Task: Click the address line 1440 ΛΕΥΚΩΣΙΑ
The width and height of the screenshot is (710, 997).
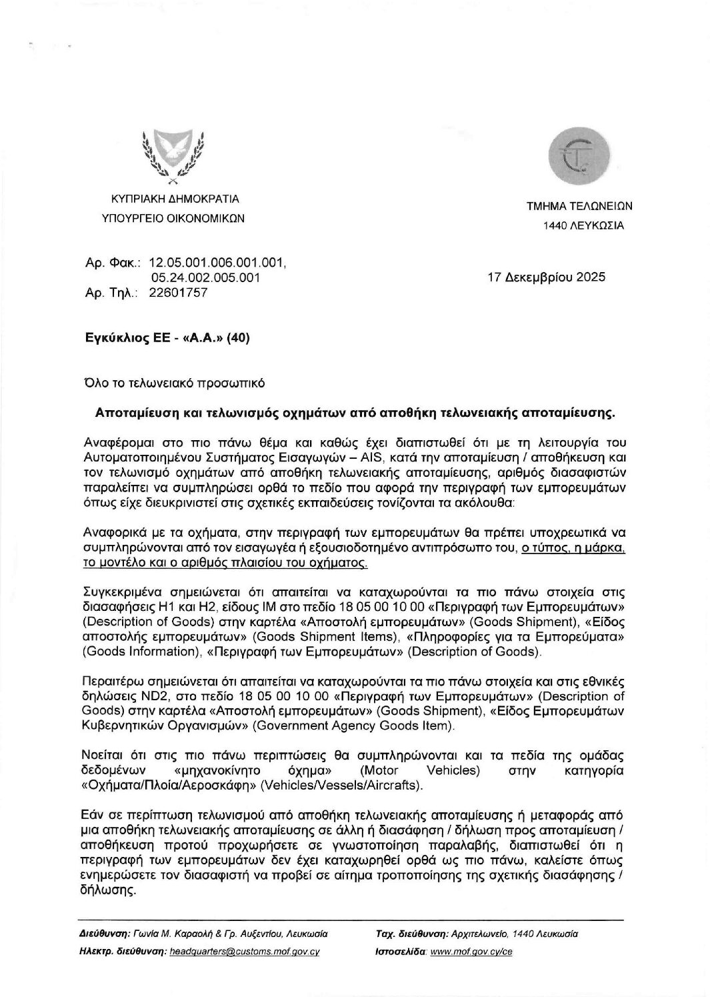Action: point(584,225)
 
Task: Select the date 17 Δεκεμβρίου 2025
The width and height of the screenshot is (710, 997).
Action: point(547,277)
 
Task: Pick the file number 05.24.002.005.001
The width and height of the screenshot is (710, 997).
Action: point(206,277)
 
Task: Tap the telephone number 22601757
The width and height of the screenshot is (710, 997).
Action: point(179,292)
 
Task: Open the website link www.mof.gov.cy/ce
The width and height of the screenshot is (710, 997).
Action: point(471,952)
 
